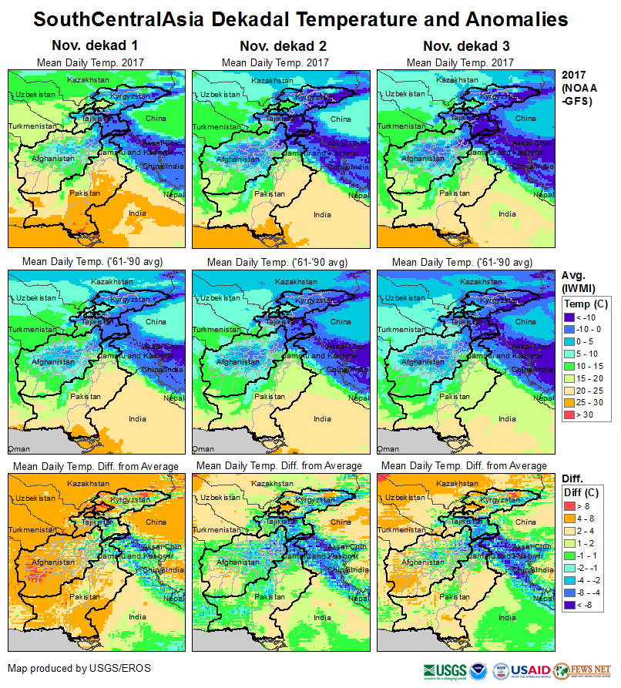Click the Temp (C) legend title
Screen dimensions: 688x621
click(586, 304)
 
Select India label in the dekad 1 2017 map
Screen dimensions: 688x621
click(137, 213)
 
